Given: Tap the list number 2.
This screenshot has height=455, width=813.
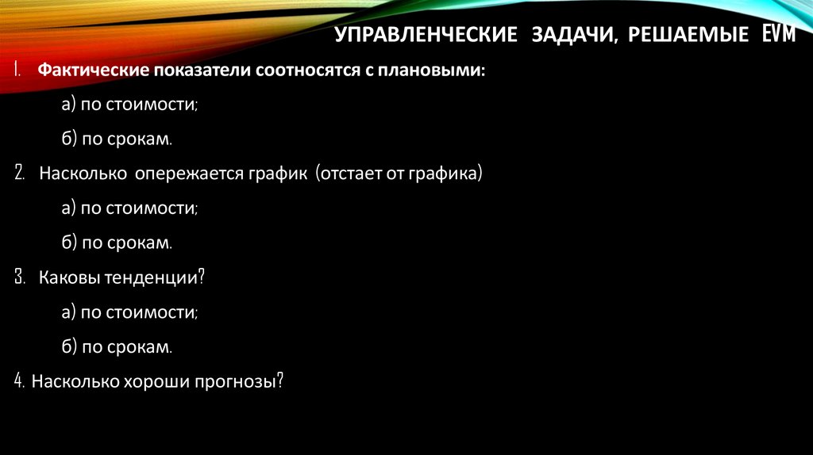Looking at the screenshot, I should pos(19,174).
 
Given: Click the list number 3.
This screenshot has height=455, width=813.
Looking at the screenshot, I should pos(19,277).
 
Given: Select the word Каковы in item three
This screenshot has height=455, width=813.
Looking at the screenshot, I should pos(67,277).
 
